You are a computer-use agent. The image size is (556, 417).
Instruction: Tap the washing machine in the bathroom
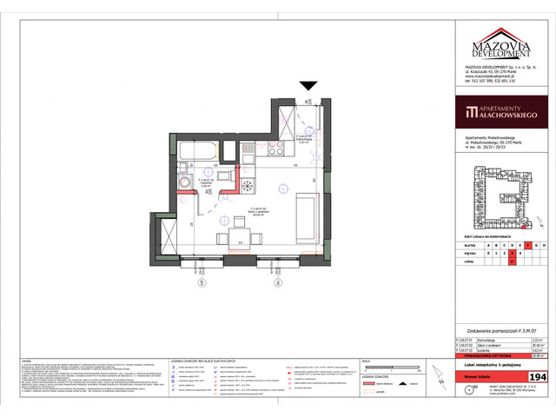(186, 183)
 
